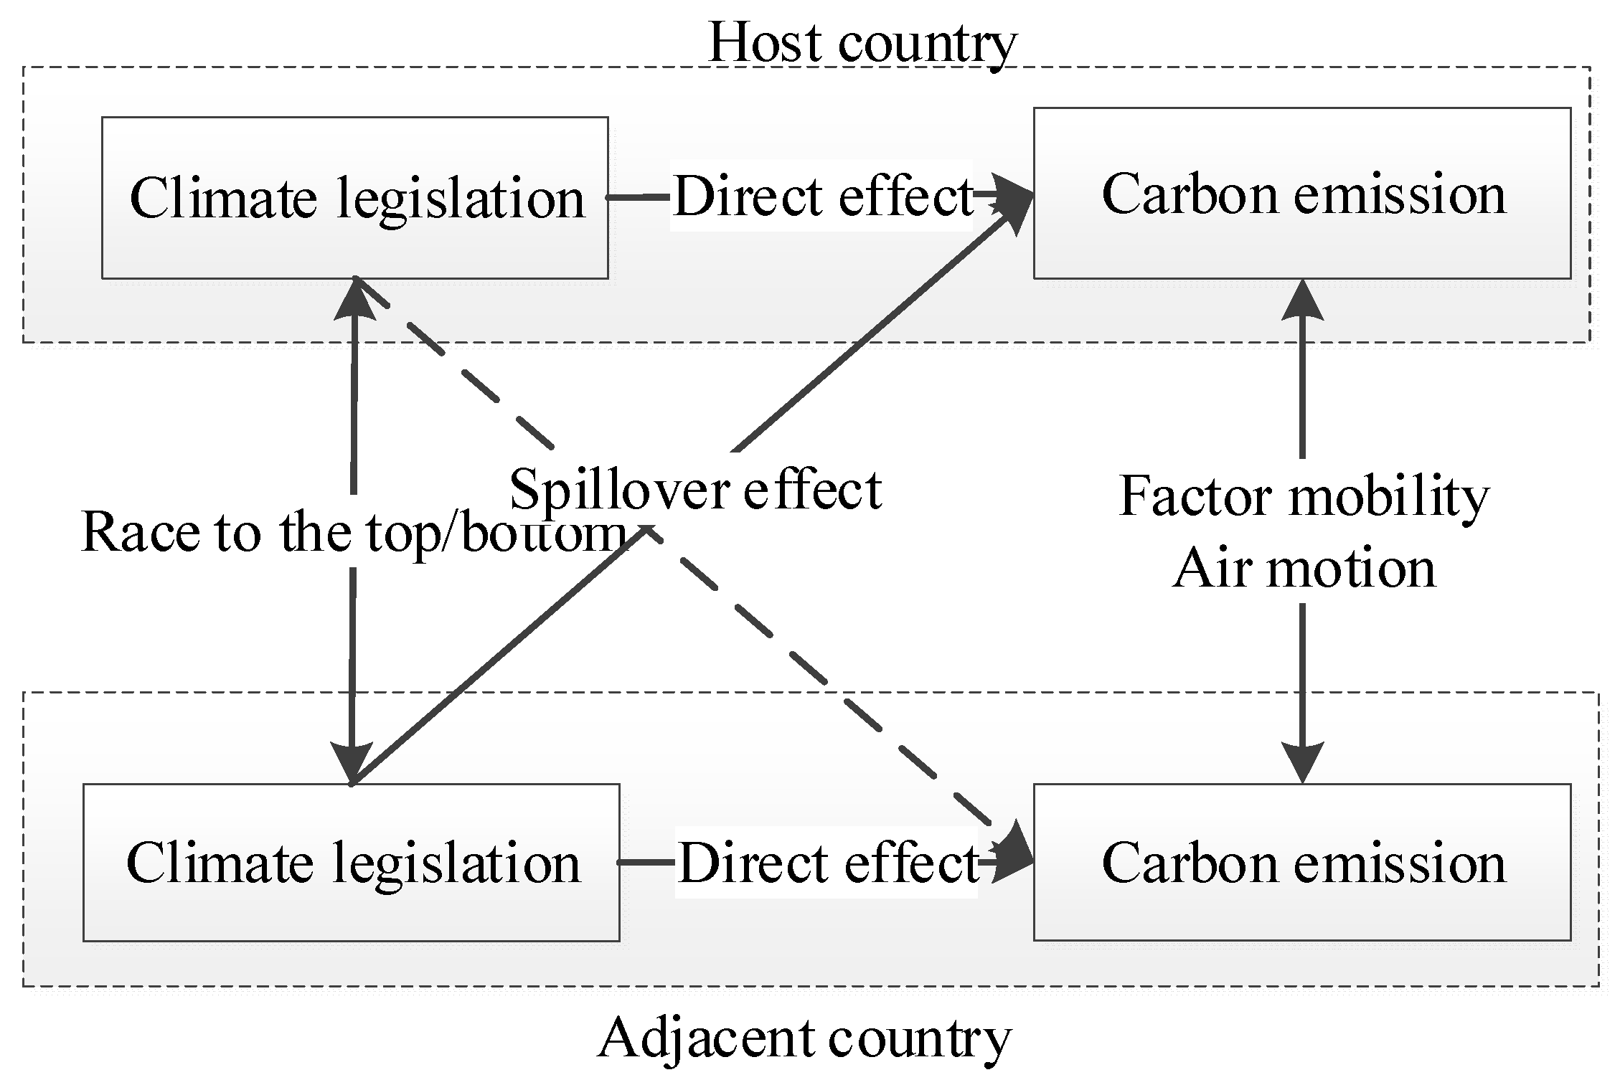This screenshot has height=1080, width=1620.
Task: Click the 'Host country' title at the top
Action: point(862,43)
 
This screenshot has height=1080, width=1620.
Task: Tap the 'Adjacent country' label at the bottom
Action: point(804,1038)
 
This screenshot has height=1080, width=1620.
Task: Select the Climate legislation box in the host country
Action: point(355,198)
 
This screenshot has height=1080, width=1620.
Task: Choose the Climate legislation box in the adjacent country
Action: point(352,863)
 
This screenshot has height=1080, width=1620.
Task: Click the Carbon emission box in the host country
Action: point(1301,194)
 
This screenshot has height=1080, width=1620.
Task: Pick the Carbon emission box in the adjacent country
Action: point(1301,863)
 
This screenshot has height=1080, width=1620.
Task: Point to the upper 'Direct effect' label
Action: point(822,196)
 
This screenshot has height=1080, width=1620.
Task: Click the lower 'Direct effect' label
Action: point(827,863)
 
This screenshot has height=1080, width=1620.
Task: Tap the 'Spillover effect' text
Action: point(694,490)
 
